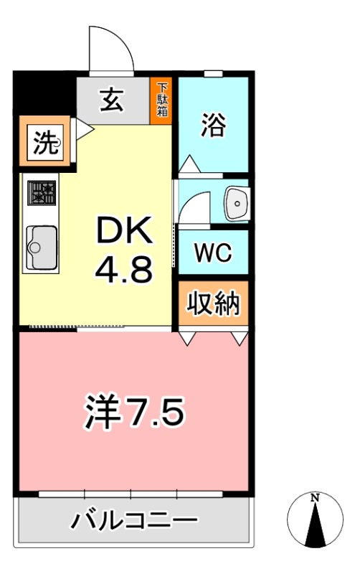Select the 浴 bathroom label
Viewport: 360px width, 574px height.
pyautogui.click(x=212, y=127)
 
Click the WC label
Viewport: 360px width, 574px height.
pyautogui.click(x=212, y=253)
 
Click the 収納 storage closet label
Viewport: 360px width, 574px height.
pyautogui.click(x=213, y=304)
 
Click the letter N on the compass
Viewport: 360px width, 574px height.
pyautogui.click(x=314, y=497)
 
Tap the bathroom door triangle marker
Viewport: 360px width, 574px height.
pyautogui.click(x=189, y=164)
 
